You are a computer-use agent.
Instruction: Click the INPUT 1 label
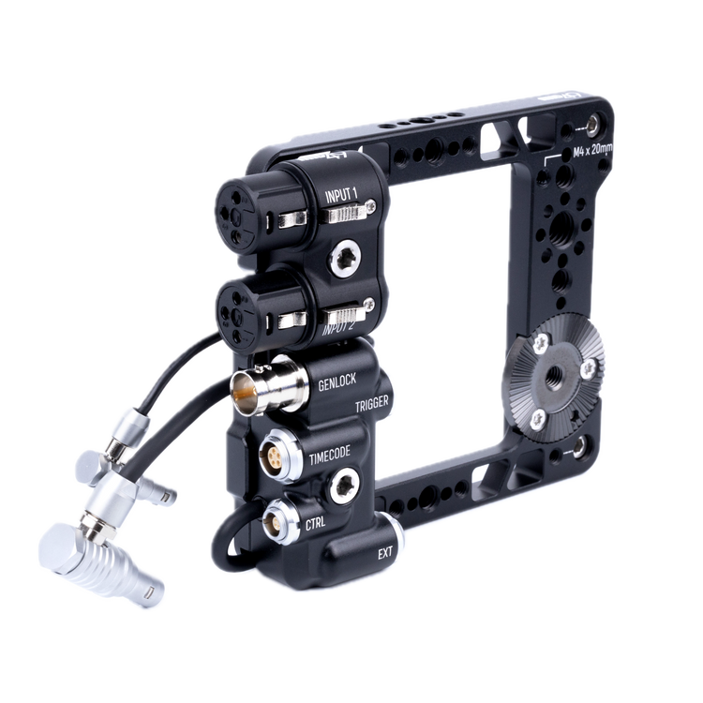point(341,195)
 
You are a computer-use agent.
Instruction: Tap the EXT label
point(384,552)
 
